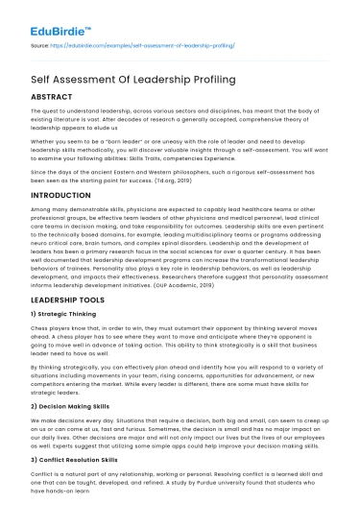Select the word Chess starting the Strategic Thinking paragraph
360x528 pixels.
pyautogui.click(x=41, y=328)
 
